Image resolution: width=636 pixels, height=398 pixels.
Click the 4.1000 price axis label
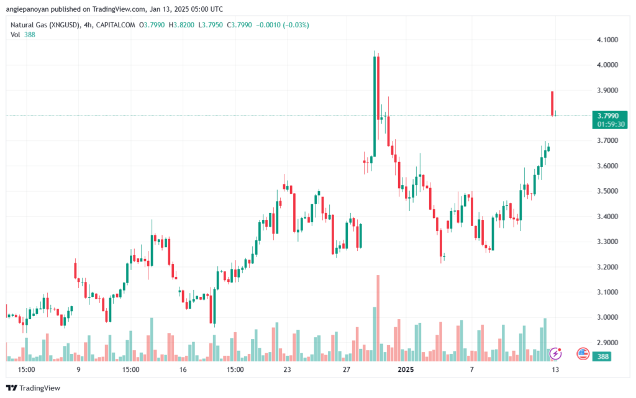[607, 40]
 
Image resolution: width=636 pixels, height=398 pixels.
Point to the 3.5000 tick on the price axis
[607, 191]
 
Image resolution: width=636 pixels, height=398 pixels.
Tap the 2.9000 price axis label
[607, 343]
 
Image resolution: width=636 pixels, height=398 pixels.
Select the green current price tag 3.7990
[610, 120]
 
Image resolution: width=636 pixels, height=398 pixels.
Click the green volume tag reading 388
[602, 356]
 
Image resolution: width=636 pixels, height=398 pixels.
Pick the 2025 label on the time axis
[406, 369]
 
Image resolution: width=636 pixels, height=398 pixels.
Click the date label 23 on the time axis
[287, 369]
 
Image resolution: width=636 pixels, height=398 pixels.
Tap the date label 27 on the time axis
[346, 369]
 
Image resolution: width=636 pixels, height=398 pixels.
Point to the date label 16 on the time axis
[183, 369]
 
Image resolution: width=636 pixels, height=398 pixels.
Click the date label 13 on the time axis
[555, 369]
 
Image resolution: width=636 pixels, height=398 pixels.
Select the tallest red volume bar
[378, 318]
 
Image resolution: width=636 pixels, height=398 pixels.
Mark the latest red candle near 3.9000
[552, 104]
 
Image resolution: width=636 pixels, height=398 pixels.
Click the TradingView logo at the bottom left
[34, 388]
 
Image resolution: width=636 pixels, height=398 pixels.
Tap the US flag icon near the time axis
[583, 354]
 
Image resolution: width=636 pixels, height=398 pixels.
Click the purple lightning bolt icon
[555, 354]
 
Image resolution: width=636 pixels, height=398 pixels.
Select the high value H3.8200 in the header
[182, 25]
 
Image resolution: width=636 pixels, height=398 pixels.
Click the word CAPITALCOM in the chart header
[116, 25]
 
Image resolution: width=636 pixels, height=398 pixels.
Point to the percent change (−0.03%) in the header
[296, 25]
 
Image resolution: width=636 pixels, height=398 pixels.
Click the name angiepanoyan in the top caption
[27, 9]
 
